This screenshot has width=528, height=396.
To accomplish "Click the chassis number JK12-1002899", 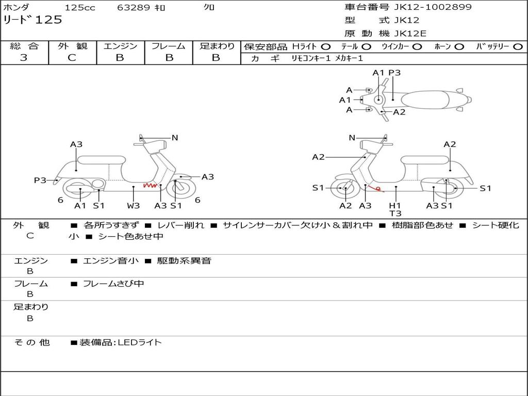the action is pyautogui.click(x=433, y=7).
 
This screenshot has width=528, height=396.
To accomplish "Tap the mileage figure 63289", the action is pyautogui.click(x=133, y=7).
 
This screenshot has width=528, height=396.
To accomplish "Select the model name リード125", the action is pyautogui.click(x=32, y=20).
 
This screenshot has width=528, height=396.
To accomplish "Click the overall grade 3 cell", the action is pyautogui.click(x=24, y=58).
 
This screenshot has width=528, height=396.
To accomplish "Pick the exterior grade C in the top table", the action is pyautogui.click(x=72, y=58).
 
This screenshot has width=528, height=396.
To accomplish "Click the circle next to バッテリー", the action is pyautogui.click(x=518, y=47).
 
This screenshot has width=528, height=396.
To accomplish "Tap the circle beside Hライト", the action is pyautogui.click(x=325, y=47).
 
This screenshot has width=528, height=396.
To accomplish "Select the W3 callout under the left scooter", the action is pyautogui.click(x=133, y=205).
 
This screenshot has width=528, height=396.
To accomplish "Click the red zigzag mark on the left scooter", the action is pyautogui.click(x=151, y=185).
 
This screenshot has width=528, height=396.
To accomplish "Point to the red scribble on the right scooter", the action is pyautogui.click(x=376, y=189).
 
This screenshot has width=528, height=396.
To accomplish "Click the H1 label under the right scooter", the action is pyautogui.click(x=395, y=205).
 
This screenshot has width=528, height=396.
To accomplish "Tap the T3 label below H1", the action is pyautogui.click(x=395, y=213).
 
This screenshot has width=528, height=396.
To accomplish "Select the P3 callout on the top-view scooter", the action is pyautogui.click(x=394, y=72).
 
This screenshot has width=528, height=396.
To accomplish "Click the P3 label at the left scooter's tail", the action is pyautogui.click(x=40, y=180).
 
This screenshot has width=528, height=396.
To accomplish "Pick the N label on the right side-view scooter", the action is pyautogui.click(x=352, y=137).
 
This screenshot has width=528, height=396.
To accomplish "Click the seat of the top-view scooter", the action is pyautogui.click(x=425, y=100).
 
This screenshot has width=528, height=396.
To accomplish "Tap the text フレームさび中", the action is pyautogui.click(x=113, y=284).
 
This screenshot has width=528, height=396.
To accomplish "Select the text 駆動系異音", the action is pyautogui.click(x=184, y=260).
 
